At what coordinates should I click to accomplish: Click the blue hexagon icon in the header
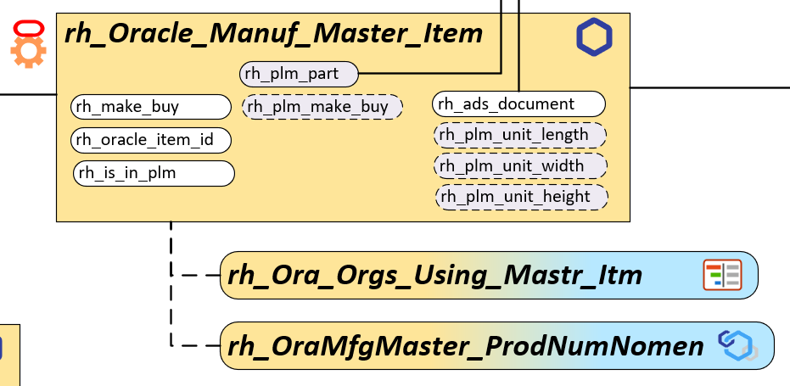[594, 37]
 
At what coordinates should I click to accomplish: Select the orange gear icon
[28, 53]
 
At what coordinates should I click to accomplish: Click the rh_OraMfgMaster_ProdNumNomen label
[464, 345]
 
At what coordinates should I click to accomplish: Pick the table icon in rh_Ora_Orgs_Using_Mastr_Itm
[722, 275]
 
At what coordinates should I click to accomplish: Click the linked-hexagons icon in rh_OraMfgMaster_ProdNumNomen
[736, 345]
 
